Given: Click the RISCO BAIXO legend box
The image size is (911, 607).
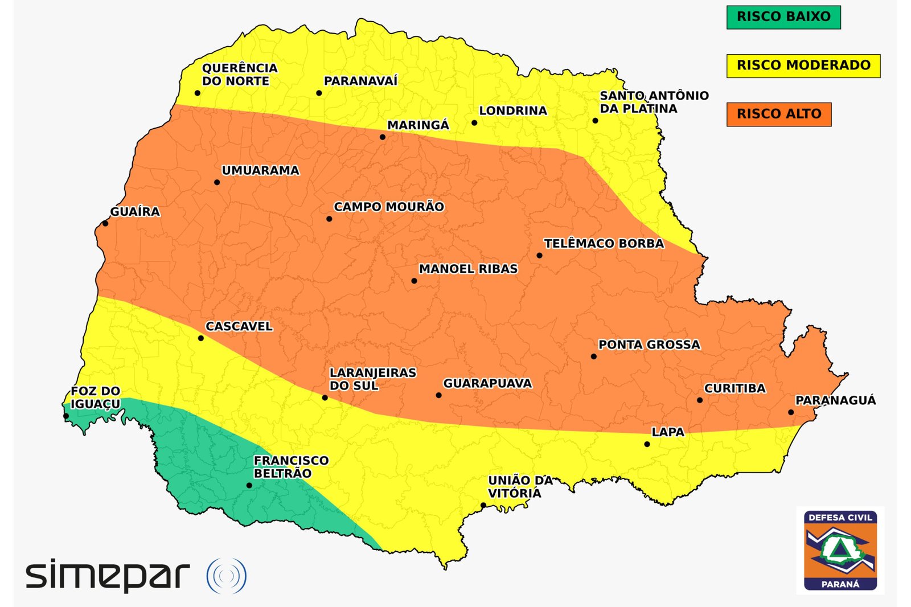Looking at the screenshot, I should pyautogui.click(x=783, y=17).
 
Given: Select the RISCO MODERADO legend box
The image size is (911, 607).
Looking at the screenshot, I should pyautogui.click(x=803, y=65).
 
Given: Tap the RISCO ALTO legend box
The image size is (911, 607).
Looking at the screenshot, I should pyautogui.click(x=778, y=114).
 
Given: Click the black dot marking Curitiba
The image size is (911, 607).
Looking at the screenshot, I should pyautogui.click(x=700, y=400).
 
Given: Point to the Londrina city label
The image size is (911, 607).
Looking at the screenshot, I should pyautogui.click(x=512, y=110).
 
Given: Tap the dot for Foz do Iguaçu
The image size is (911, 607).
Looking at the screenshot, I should pyautogui.click(x=66, y=416).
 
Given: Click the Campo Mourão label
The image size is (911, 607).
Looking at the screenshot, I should pyautogui.click(x=388, y=207).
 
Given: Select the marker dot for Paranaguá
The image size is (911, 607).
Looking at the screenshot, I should pyautogui.click(x=791, y=412).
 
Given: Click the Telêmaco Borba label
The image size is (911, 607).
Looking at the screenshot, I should pyautogui.click(x=604, y=244).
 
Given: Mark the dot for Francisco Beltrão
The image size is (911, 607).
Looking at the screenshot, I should pyautogui.click(x=249, y=486).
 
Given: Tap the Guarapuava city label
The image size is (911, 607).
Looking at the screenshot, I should pyautogui.click(x=487, y=384).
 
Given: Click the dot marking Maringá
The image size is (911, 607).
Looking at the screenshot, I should pyautogui.click(x=383, y=137).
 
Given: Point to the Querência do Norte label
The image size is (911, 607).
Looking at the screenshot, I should pyautogui.click(x=240, y=75).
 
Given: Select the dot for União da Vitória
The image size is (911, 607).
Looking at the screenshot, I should pyautogui.click(x=483, y=506).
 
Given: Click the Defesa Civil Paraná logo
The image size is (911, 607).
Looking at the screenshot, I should pyautogui.click(x=840, y=550).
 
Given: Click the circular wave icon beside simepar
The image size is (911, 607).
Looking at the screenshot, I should pyautogui.click(x=226, y=576).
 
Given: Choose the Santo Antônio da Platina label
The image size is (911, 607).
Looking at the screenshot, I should pyautogui.click(x=654, y=102).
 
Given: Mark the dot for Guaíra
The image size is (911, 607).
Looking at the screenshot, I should pyautogui.click(x=105, y=224).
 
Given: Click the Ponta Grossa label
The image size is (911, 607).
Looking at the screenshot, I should pyautogui.click(x=649, y=344).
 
